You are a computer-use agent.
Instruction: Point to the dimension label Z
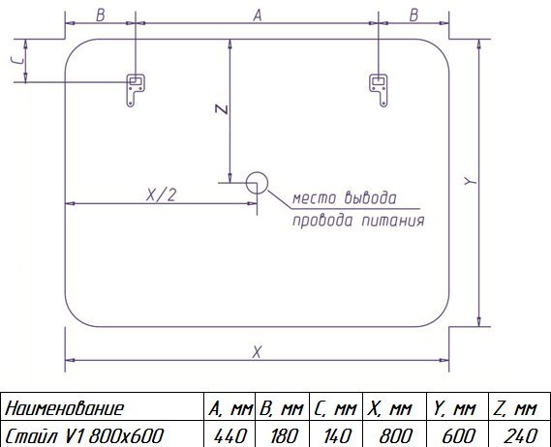click(222, 109)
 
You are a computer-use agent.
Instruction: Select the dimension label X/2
click(161, 194)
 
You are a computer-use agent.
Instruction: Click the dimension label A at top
click(258, 15)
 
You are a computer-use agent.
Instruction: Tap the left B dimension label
click(101, 15)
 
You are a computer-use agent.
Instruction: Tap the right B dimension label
click(413, 15)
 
